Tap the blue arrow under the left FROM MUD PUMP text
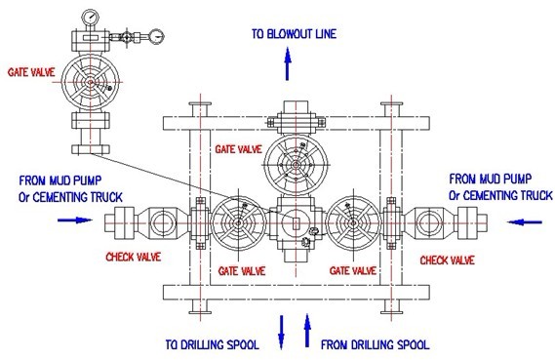tap(72, 220)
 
